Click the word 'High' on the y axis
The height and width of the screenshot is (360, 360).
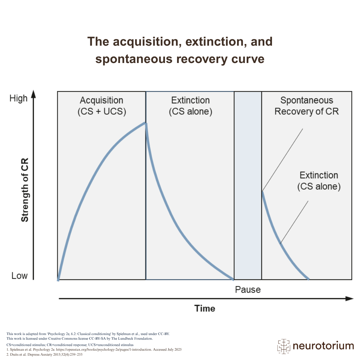point(18,99)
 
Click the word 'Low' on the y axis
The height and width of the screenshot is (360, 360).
point(19,276)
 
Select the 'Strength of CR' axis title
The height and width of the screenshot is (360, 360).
point(25,190)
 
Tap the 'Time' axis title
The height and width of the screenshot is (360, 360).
point(205,308)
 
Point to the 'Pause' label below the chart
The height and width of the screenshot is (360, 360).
point(248,289)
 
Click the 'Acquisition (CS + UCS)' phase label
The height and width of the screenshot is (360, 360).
point(102,106)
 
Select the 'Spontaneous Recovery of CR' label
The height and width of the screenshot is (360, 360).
point(307,106)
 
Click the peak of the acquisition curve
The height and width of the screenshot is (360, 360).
point(145,123)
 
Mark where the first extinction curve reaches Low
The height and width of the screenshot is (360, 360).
point(233,279)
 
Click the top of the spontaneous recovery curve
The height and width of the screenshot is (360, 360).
point(263,192)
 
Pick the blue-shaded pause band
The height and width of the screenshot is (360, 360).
point(248,185)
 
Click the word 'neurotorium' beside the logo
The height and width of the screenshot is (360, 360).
point(323,346)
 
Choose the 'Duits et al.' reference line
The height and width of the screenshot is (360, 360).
point(44,354)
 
